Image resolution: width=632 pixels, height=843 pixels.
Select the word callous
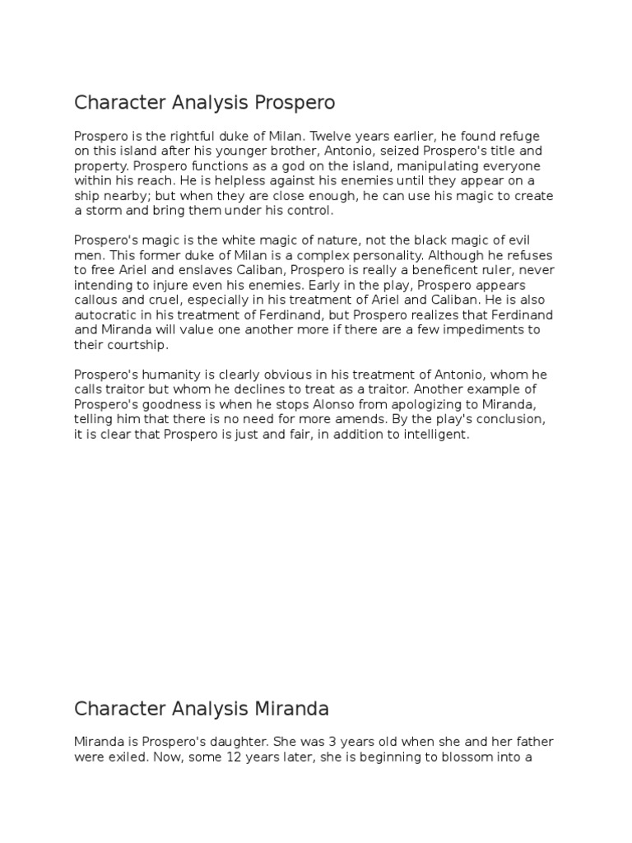click(100, 299)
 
